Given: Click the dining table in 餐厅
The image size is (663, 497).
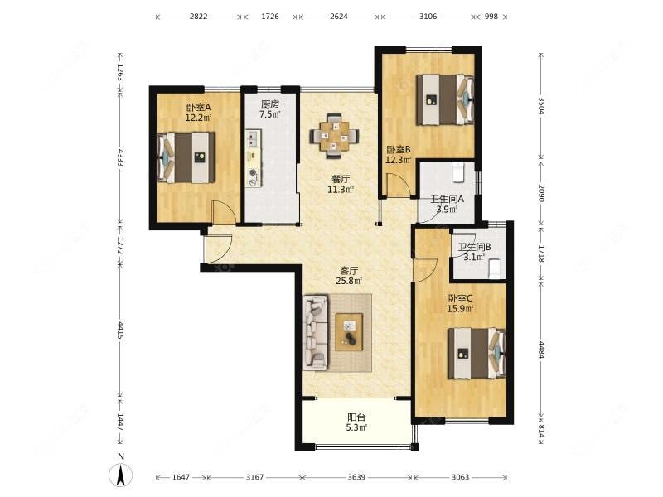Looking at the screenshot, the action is coord(335,136).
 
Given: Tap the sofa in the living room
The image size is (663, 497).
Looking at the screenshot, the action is coord(316,332).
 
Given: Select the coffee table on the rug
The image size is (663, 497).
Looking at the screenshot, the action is coord(349,332).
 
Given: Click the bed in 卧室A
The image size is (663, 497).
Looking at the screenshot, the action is coord(186,157).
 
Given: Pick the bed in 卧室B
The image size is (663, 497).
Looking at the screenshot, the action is coord(445,99).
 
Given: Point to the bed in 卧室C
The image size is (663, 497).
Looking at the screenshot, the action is coord(477,354).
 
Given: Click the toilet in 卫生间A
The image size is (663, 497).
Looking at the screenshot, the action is coord(458,172).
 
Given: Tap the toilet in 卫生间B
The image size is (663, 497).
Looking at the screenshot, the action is coord(494,268).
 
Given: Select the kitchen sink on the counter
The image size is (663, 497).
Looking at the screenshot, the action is coord(253,138).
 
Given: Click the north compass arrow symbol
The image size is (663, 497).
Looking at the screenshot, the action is coord(121,475).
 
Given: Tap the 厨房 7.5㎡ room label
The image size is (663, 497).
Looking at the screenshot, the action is coord(270,109).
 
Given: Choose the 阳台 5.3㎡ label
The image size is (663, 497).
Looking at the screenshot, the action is coord(356,422).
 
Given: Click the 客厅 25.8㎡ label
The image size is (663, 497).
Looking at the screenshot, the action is coord(349,276).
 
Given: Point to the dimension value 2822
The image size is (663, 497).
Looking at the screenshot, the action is coord(198,17).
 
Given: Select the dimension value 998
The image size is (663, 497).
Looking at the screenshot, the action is coord(491,17).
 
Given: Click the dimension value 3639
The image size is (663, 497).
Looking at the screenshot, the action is coord(356,477).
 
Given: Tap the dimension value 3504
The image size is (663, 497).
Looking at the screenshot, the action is coord(542,106).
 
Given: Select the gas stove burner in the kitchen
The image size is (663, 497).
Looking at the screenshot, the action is coord(253,172).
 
